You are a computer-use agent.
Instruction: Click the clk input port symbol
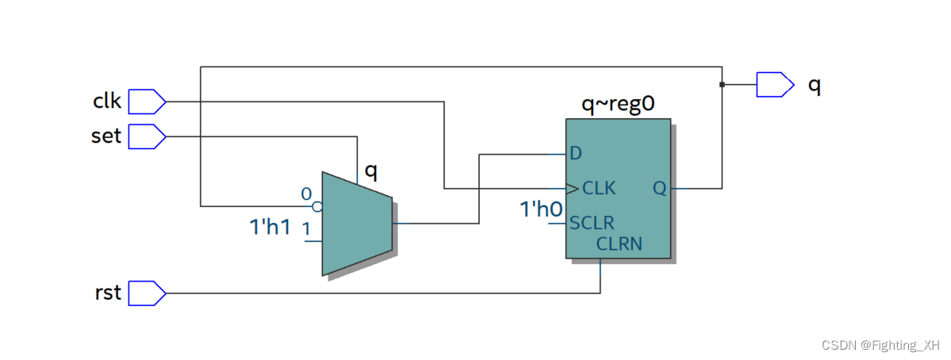coord(147,101)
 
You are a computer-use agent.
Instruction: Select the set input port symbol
coord(147,136)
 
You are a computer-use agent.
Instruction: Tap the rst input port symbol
coord(147,293)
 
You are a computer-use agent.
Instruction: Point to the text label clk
coord(107,101)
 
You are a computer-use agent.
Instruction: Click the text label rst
coord(108,293)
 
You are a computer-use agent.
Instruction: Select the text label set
coord(106,136)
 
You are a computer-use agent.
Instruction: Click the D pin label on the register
coord(576,152)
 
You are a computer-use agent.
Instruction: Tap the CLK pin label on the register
coord(599,189)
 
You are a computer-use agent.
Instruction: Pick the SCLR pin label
coord(592,223)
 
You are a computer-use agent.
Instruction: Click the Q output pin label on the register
coord(660,189)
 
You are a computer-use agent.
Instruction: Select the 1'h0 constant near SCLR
coord(541,209)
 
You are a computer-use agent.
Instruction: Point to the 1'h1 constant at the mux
coord(270,228)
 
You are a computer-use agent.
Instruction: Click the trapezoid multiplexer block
coord(356,224)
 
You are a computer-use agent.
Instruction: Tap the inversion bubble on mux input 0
coord(317,207)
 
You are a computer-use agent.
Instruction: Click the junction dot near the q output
coord(722,84)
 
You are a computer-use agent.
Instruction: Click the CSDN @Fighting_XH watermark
coord(880,346)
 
